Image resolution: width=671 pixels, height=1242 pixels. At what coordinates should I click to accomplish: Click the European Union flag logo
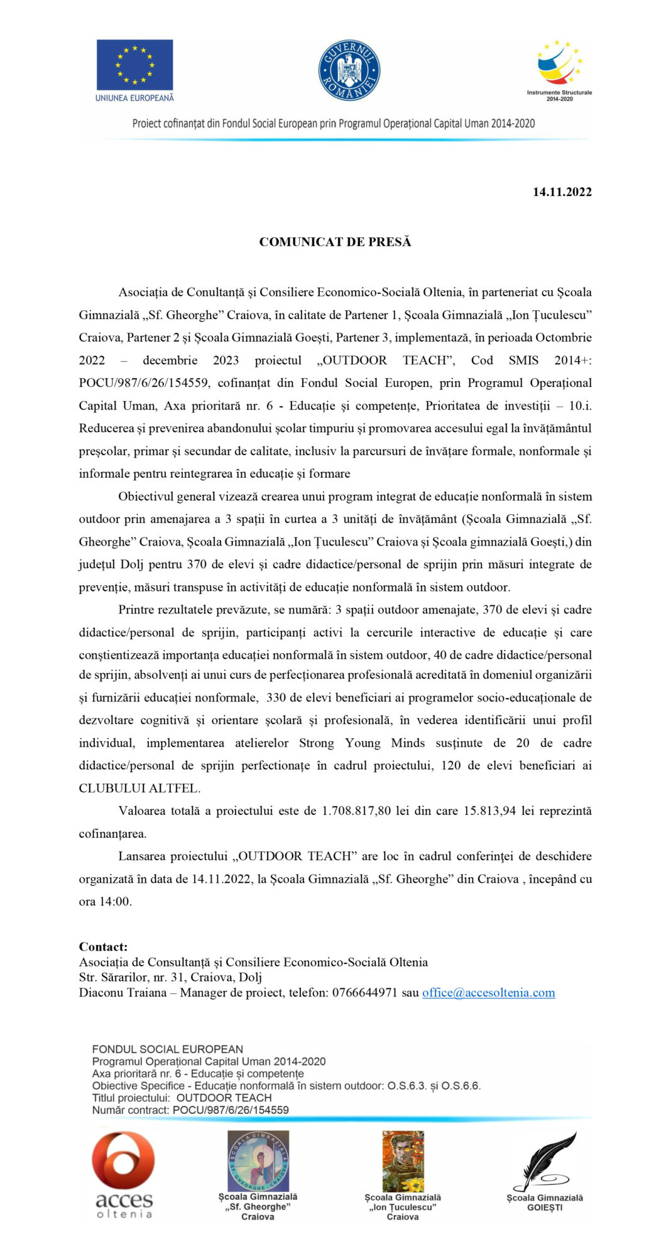coord(134,65)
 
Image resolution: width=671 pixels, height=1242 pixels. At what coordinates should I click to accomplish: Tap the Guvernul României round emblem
coord(349,70)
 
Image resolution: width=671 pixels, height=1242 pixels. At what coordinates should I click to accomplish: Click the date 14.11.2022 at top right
coord(562,192)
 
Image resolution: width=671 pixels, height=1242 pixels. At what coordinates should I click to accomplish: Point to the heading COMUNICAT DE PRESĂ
coord(335,242)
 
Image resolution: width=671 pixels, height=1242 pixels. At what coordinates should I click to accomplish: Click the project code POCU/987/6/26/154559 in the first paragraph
coord(144,383)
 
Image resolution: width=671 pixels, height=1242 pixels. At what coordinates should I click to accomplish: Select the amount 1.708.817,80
coord(356,811)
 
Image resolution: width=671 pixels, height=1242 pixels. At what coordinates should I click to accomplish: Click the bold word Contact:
coord(103,947)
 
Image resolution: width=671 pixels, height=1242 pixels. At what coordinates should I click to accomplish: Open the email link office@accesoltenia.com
coord(488,993)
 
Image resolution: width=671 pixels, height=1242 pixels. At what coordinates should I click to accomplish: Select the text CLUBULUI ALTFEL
coord(139,788)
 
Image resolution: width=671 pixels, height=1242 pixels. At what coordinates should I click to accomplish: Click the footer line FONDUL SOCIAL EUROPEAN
coord(167,1049)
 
